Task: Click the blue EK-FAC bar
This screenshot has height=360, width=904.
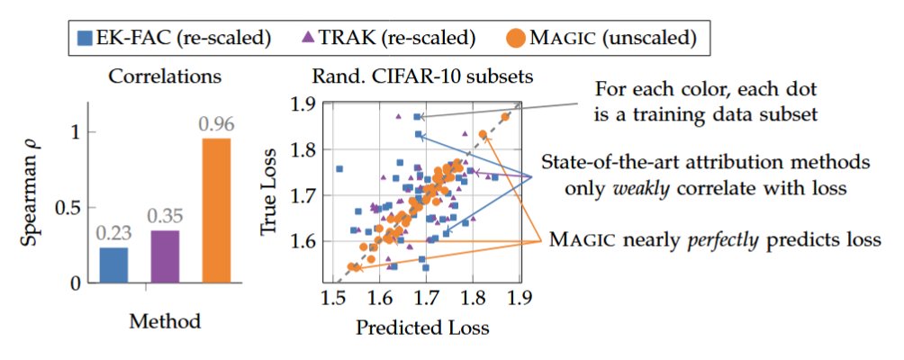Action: pos(113,265)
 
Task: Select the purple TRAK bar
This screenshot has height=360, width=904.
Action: pos(165,256)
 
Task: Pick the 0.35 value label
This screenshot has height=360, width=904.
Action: pos(165,217)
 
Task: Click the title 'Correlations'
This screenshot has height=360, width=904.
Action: pos(165,77)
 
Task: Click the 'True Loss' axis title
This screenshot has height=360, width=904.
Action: pos(271,189)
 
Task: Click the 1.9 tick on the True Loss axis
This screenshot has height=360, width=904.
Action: pos(308,104)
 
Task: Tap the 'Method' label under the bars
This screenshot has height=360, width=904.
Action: pos(165,320)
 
